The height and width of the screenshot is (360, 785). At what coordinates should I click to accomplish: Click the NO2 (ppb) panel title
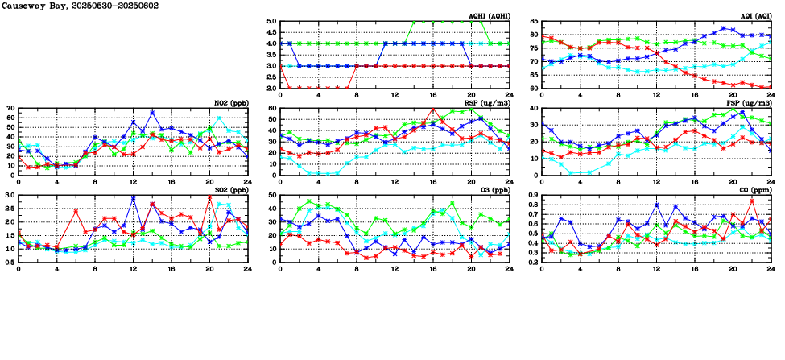(x=231, y=103)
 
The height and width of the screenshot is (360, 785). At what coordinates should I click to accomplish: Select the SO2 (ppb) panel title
(x=231, y=191)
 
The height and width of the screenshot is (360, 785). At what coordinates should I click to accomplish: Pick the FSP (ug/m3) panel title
(x=750, y=103)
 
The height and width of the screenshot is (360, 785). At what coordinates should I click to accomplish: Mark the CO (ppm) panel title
(x=754, y=191)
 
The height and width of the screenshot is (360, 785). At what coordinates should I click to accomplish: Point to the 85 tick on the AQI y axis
(x=534, y=22)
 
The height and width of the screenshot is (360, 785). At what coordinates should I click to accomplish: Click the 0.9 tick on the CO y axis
(x=532, y=196)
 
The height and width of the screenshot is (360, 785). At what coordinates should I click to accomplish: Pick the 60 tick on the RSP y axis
(x=272, y=108)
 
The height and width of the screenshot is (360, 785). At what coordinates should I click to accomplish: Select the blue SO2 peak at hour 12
(x=133, y=198)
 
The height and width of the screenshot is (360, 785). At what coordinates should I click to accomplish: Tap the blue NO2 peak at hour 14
(x=152, y=113)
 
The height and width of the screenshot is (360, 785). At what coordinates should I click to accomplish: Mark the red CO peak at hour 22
(x=752, y=201)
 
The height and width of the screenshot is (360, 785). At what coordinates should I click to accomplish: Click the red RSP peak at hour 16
(x=433, y=109)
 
